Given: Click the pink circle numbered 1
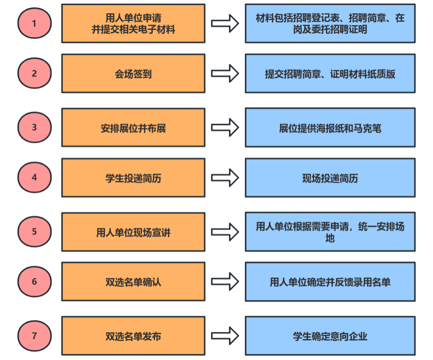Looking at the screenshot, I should (34, 23).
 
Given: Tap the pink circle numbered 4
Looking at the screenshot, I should (34, 177).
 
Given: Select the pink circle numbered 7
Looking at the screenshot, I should (34, 336).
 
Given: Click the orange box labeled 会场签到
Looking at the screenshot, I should (133, 73).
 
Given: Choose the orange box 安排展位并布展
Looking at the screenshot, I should (133, 128).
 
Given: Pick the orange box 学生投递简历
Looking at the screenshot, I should (133, 178).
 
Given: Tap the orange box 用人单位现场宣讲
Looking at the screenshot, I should (133, 232).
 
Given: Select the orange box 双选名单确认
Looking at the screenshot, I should (133, 282).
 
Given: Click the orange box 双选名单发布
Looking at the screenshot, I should (133, 336).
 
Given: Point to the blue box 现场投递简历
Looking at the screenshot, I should (330, 178).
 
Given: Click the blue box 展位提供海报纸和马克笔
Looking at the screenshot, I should (330, 128).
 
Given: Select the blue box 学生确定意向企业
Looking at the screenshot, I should (330, 336).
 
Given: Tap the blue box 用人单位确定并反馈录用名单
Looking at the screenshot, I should (330, 282).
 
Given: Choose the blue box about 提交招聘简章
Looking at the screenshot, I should (330, 73).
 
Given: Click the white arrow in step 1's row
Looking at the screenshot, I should (225, 23).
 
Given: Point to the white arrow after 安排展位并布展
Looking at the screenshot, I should (225, 128).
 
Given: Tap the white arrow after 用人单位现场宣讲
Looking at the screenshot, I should (225, 232).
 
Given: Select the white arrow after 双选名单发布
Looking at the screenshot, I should (225, 336).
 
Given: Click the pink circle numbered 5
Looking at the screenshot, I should (34, 232).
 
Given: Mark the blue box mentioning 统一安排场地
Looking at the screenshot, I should (330, 232).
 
